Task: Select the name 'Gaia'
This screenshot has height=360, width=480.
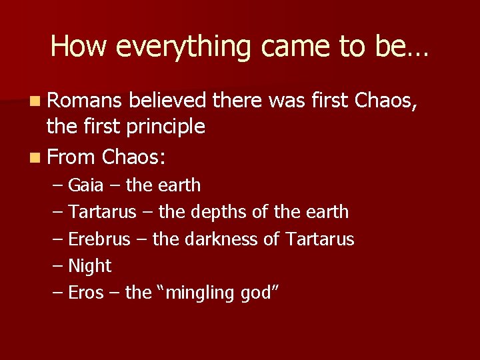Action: [89, 185]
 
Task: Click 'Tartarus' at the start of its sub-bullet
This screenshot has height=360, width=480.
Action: [104, 212]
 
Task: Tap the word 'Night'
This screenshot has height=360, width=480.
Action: [89, 266]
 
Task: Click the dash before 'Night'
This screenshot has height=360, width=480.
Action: [58, 266]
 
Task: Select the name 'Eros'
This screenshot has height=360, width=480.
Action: [86, 293]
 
